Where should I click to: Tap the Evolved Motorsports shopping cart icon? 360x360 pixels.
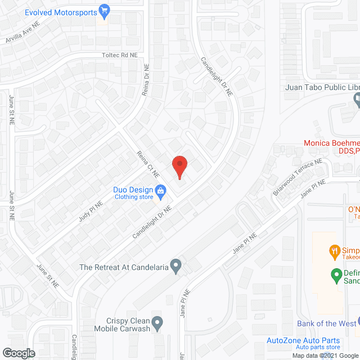tap(103, 10)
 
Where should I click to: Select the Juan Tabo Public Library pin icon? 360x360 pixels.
tap(357, 100)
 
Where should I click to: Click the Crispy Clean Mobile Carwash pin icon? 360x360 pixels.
tap(158, 323)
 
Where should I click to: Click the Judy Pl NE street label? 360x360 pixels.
tap(91, 211)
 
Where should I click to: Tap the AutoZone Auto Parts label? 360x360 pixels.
tap(303, 340)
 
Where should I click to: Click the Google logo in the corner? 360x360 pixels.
tap(19, 353)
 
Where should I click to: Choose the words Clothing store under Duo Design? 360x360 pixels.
tap(134, 197)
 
